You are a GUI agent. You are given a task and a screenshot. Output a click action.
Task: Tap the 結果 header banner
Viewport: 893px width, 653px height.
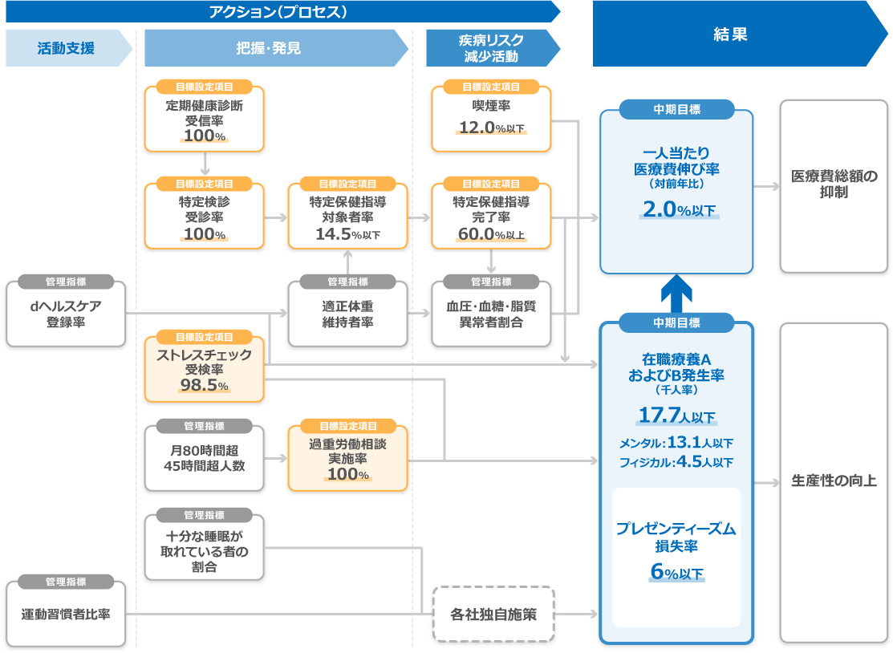730,34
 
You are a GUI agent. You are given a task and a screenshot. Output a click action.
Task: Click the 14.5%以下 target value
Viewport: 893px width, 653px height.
347,234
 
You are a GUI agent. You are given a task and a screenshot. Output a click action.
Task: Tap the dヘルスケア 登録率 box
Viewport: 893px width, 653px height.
66,314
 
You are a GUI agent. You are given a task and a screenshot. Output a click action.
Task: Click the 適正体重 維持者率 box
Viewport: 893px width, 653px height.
347,314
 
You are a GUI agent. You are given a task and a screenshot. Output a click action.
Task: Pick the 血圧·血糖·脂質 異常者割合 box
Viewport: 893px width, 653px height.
491,314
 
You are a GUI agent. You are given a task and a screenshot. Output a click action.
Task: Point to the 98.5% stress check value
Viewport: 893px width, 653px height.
204,386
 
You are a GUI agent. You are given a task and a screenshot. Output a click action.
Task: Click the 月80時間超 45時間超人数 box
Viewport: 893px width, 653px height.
204,458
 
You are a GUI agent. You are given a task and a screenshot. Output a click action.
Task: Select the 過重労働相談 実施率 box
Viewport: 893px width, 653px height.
347,458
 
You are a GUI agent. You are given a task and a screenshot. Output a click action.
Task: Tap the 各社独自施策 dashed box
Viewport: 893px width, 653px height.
493,614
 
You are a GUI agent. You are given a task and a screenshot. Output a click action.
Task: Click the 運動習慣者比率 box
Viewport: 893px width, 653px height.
66,614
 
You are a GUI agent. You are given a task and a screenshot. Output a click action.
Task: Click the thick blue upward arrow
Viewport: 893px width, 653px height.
676,294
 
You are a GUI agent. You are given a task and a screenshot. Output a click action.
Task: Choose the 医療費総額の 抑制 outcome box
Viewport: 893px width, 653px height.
834,185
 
